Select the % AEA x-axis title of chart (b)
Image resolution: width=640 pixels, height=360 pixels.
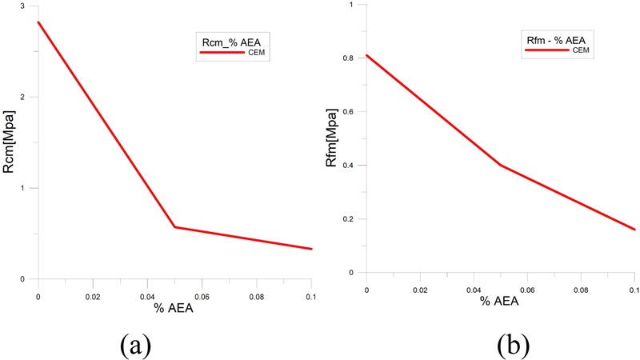coord(501,301)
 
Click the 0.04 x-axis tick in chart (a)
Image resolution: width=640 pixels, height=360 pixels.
coord(147,295)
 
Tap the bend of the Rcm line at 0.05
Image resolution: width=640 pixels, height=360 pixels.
coord(174,227)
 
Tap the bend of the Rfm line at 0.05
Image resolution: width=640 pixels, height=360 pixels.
coord(501,165)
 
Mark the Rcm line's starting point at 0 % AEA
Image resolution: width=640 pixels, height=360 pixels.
coord(38,22)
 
